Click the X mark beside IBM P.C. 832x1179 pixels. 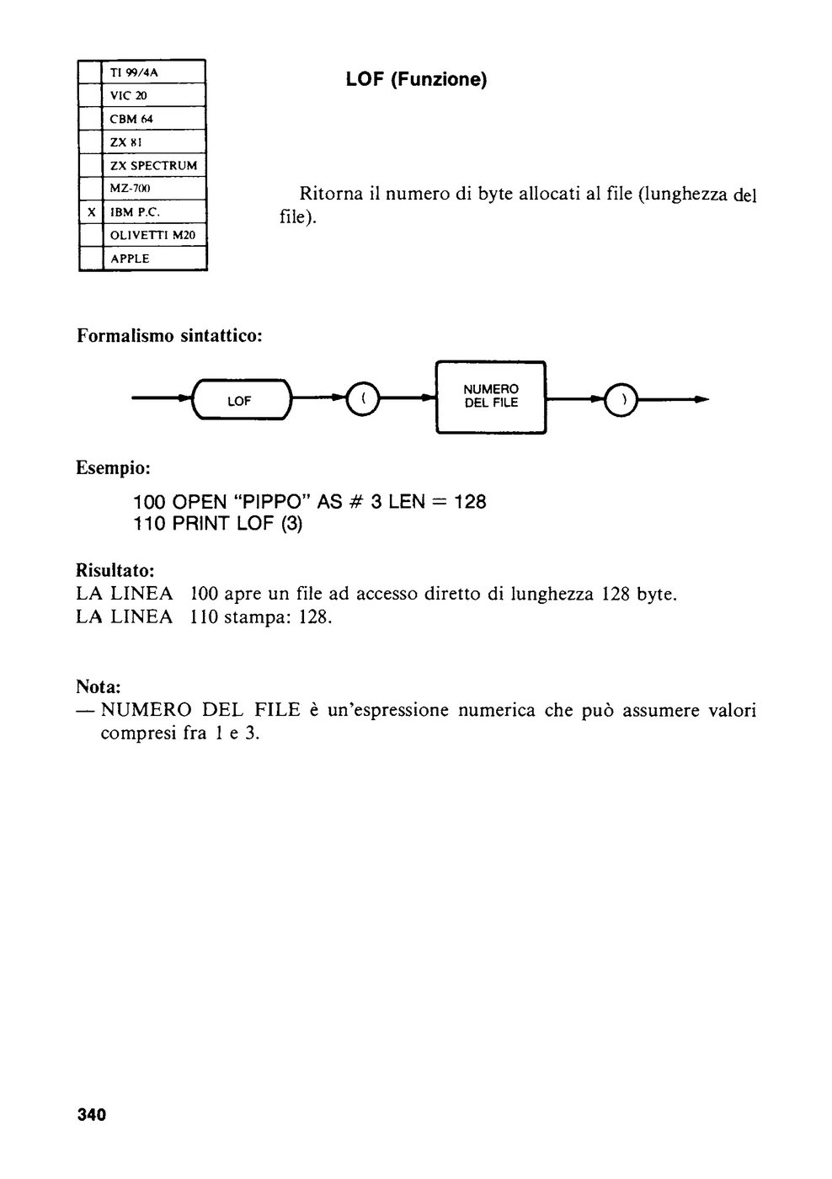[92, 212]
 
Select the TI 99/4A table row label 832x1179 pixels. [134, 72]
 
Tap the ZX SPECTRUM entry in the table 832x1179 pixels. [153, 166]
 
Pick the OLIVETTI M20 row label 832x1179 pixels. [152, 235]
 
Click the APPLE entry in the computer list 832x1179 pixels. [130, 259]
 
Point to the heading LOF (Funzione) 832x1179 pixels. [416, 79]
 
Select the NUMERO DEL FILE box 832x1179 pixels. [491, 397]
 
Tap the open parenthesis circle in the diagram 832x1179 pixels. [363, 398]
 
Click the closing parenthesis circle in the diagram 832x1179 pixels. [621, 399]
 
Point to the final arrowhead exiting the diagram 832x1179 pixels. [702, 399]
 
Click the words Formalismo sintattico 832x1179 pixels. [169, 335]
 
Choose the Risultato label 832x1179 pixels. [115, 569]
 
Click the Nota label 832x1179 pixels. [99, 686]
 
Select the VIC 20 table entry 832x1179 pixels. [128, 96]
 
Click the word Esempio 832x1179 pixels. [113, 467]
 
